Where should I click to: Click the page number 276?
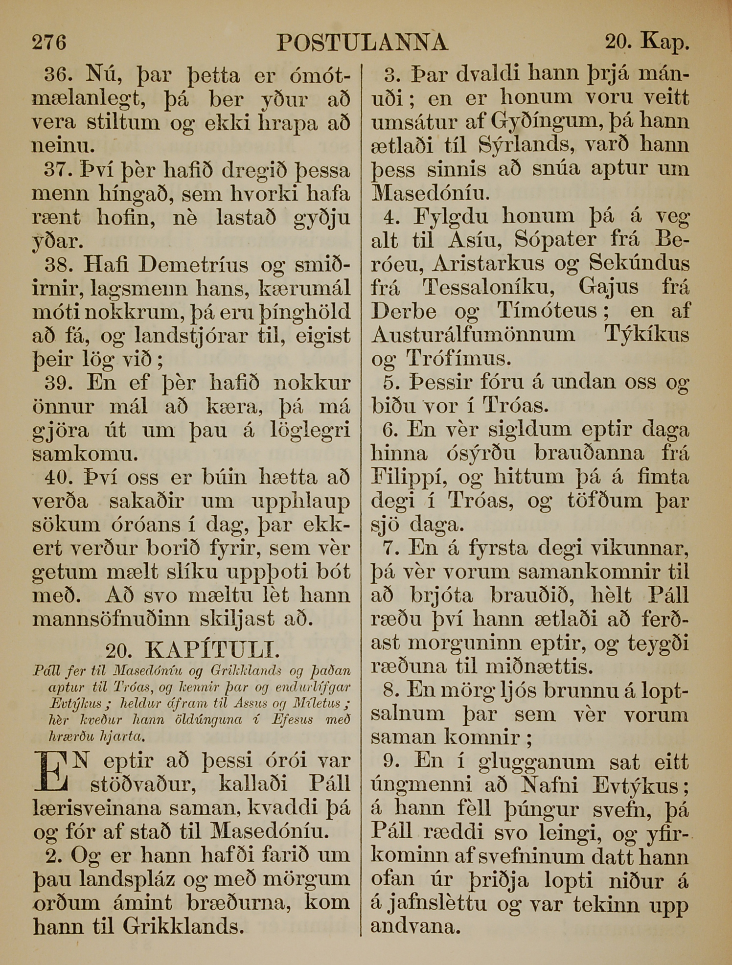[49, 42]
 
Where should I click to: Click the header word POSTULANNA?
[362, 43]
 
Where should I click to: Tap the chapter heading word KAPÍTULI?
[213, 650]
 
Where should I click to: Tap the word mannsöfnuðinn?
[111, 619]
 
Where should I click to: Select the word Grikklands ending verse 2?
[183, 926]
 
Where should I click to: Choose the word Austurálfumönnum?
[473, 335]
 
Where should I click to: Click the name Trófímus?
[458, 359]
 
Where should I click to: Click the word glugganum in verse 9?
[536, 761]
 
